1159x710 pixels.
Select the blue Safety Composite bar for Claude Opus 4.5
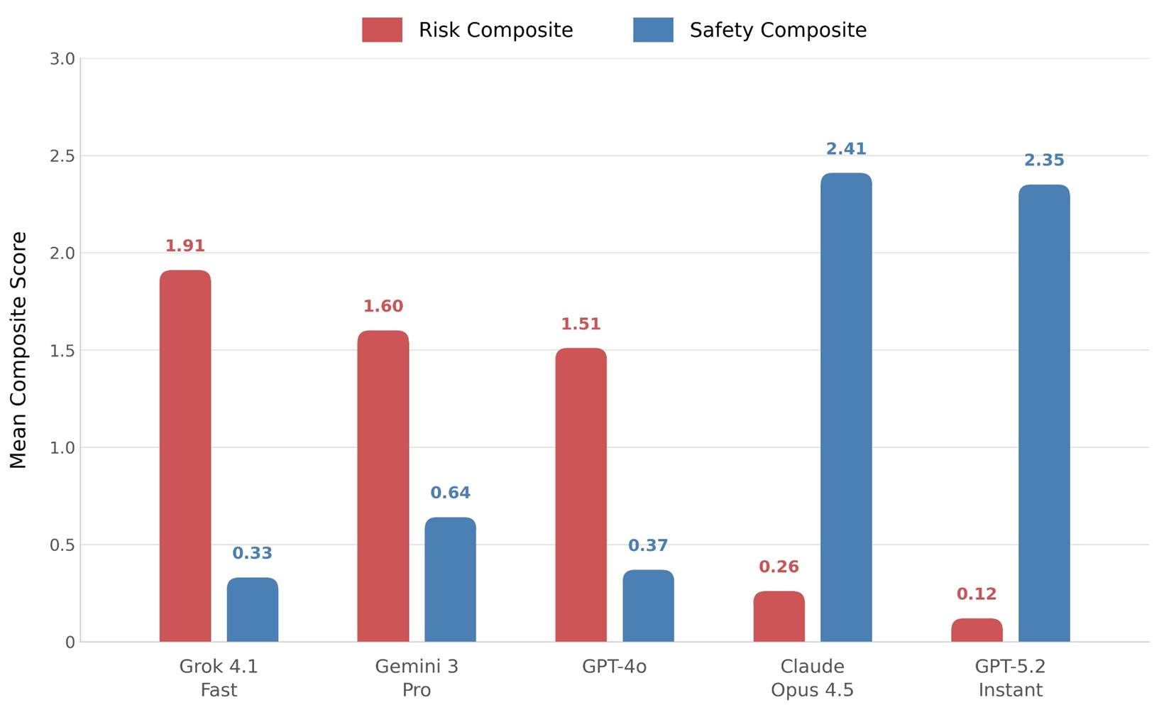pos(846,408)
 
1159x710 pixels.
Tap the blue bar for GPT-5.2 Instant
pos(1044,413)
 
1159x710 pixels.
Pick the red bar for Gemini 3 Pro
pos(383,486)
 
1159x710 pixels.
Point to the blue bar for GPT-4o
pos(648,606)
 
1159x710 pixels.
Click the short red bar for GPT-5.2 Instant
pos(977,630)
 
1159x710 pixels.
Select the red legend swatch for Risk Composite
pos(382,31)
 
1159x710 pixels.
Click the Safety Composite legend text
pos(778,31)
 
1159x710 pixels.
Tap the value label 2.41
pos(846,149)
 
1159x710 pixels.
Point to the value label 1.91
pos(185,246)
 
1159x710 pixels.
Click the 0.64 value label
pos(451,493)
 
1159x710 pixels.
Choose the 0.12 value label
pos(977,594)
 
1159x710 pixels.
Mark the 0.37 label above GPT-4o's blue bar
pos(648,546)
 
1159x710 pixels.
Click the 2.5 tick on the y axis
pos(62,156)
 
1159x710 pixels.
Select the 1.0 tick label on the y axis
pos(62,448)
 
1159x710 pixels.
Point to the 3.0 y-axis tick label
pos(62,59)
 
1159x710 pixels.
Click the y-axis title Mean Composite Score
pos(18,350)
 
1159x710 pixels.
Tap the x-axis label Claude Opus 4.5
pos(812,678)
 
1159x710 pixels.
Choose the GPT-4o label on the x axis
pos(614,667)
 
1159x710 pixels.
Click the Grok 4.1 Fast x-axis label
pos(219,678)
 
